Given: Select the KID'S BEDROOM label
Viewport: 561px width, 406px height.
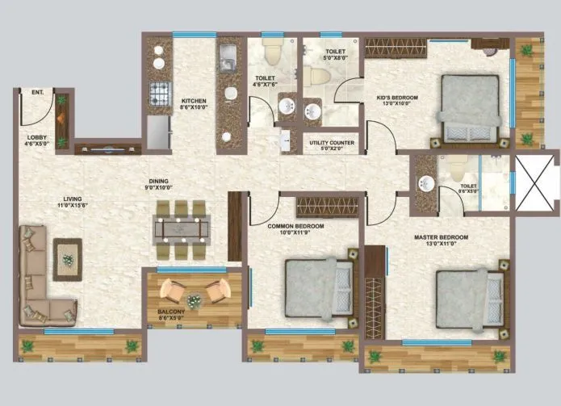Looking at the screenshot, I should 397,98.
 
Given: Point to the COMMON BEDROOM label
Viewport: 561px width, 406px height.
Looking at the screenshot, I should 296,227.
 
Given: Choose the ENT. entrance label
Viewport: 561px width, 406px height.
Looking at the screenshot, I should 37,93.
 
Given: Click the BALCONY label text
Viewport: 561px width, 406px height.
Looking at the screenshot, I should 171,312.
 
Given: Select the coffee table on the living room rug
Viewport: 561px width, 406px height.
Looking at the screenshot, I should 68,260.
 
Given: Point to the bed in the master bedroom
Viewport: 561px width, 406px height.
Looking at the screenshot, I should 467,296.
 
